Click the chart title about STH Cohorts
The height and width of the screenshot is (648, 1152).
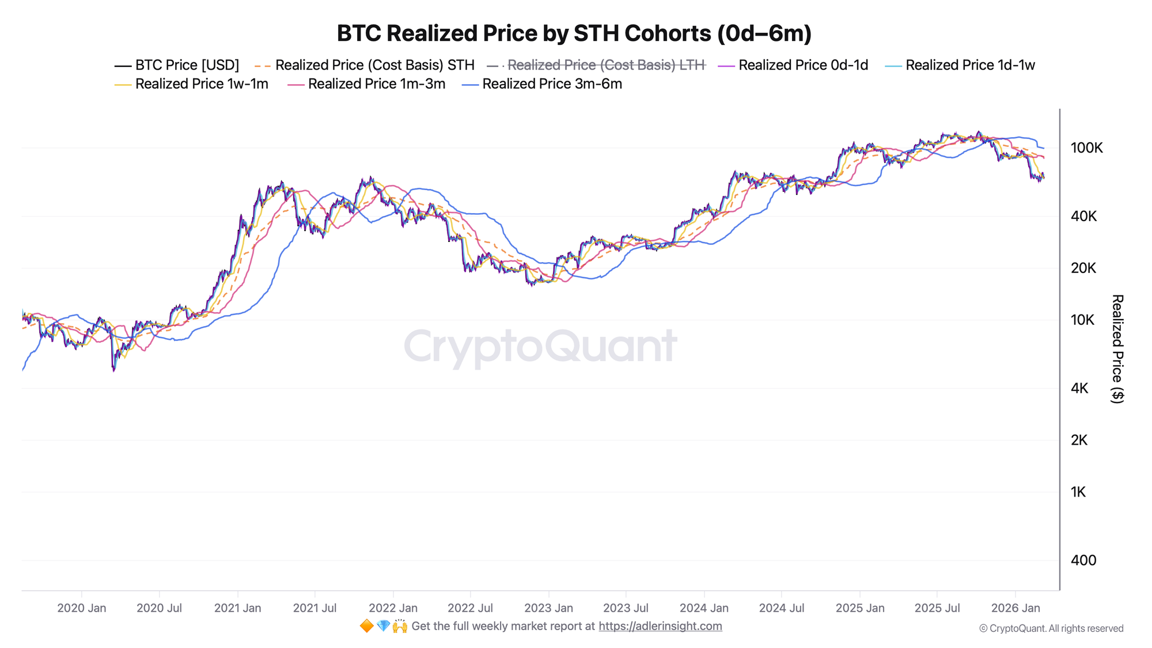[574, 33]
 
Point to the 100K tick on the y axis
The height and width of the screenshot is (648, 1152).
[1086, 148]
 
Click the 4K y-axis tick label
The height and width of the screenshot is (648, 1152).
[1079, 388]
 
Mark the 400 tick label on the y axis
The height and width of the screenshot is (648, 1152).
[1083, 560]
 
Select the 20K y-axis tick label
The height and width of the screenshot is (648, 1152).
[1083, 268]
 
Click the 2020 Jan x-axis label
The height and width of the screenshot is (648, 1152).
[82, 608]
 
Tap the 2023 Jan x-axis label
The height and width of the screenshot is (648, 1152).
[548, 608]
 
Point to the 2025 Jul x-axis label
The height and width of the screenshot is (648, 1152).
[937, 608]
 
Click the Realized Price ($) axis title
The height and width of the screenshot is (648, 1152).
[1117, 348]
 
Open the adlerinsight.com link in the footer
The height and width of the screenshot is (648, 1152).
[660, 626]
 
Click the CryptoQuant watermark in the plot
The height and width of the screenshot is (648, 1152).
[540, 347]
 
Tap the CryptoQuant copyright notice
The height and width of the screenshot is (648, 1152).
[1051, 628]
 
